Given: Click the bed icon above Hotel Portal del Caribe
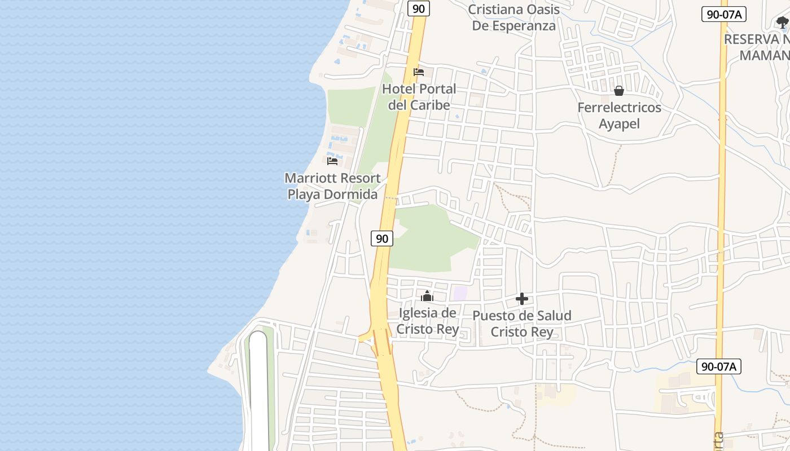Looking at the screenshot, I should click(419, 72).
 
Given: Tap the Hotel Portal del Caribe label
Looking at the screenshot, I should click(419, 97).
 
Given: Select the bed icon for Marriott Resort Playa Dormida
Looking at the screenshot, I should click(332, 161).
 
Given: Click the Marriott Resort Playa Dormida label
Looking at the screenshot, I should click(332, 187).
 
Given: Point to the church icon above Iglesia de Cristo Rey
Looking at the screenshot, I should click(427, 296).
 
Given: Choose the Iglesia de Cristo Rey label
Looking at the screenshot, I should click(427, 321).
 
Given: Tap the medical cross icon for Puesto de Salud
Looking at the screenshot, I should click(522, 299).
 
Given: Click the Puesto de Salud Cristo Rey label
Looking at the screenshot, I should click(522, 324).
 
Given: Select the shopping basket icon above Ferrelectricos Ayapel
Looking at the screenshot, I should click(619, 91).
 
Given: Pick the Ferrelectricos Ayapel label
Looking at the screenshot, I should click(619, 116).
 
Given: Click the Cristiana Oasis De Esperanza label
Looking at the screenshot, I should click(513, 17).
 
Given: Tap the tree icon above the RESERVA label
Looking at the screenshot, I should click(782, 23).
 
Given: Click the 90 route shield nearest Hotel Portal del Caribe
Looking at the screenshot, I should click(418, 8).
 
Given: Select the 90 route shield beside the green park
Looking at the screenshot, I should click(382, 238).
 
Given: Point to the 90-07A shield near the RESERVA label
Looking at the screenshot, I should click(724, 15).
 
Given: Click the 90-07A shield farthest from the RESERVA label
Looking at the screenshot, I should click(718, 366).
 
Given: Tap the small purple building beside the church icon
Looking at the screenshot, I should click(460, 293).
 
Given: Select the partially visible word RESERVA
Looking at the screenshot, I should click(757, 39).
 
